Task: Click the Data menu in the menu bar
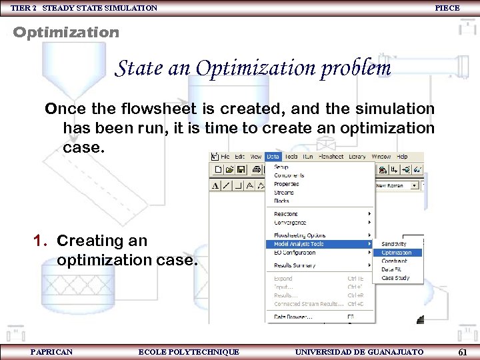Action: [272, 157]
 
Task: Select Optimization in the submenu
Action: [396, 253]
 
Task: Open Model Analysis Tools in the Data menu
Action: [299, 244]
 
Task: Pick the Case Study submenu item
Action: [395, 278]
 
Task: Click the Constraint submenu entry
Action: [394, 261]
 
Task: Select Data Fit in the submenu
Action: [392, 269]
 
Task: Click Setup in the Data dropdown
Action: [282, 167]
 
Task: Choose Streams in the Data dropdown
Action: [284, 193]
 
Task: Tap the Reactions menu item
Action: [286, 214]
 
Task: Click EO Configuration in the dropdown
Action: [295, 253]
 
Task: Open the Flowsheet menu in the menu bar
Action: [331, 157]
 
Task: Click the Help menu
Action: [402, 157]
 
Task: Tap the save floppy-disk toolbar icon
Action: [241, 170]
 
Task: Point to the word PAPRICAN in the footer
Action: [51, 351]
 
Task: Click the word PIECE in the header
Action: [447, 8]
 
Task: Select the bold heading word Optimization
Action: [66, 32]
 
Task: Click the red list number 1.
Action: [40, 241]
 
